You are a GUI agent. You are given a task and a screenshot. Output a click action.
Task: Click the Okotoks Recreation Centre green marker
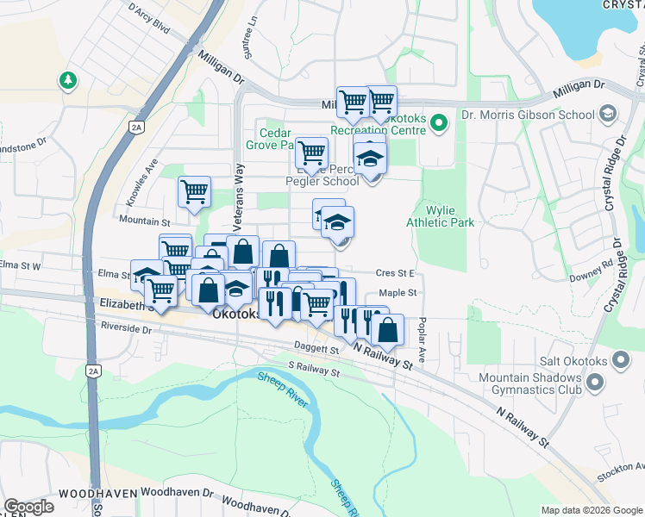[438, 122]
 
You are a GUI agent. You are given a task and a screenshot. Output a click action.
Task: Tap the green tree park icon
[67, 80]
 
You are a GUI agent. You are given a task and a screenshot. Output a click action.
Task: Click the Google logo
[28, 507]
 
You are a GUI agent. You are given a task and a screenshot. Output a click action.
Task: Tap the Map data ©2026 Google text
[591, 510]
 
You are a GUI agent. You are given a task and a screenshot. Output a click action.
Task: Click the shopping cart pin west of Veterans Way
[194, 190]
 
